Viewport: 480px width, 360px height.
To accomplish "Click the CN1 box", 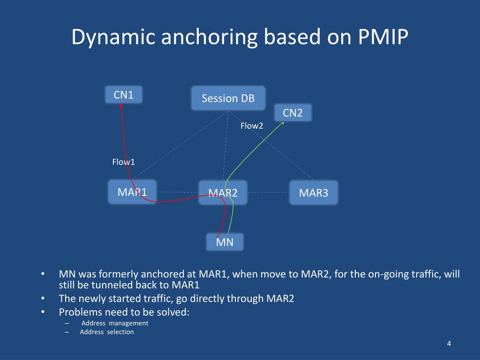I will pyautogui.click(x=124, y=95).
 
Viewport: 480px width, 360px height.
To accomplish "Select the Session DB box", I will pyautogui.click(x=228, y=98).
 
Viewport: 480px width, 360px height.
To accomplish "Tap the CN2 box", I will pyautogui.click(x=292, y=113).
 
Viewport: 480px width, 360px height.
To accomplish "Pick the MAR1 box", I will pyautogui.click(x=132, y=192).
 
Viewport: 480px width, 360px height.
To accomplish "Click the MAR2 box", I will pyautogui.click(x=223, y=193).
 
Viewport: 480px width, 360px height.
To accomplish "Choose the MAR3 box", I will pyautogui.click(x=314, y=193).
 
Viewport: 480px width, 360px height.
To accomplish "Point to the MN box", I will pyautogui.click(x=225, y=242).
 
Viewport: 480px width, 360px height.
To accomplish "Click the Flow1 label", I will pyautogui.click(x=123, y=162).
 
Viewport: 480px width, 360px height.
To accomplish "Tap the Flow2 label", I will pyautogui.click(x=252, y=126).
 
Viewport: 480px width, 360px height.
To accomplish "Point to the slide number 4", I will pyautogui.click(x=449, y=344).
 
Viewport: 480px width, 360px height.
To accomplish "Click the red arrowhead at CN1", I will pyautogui.click(x=121, y=106).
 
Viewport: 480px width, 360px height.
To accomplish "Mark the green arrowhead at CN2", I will pyautogui.click(x=282, y=123).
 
